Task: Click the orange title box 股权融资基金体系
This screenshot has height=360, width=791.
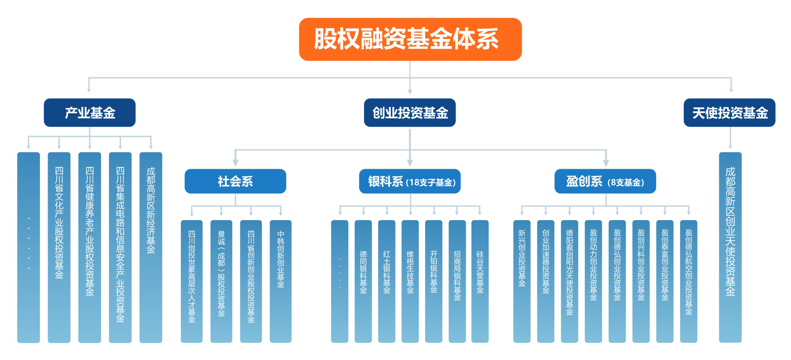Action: coord(410,39)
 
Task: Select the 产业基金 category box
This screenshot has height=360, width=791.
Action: coord(90,112)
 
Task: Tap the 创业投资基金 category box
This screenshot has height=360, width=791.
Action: coord(410,112)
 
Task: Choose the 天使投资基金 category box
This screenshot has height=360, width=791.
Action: coord(729,112)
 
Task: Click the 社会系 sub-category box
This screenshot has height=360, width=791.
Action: coord(235,181)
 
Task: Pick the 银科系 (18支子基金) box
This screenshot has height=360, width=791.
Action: coord(410,181)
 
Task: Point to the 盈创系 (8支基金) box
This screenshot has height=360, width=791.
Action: coord(605,181)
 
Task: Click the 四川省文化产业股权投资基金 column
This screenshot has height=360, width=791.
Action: coord(59,247)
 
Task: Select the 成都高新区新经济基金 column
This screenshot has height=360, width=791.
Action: coord(151,247)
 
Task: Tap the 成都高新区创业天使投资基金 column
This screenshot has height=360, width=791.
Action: coord(730,247)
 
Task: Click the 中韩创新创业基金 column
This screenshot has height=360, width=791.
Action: coord(281,281)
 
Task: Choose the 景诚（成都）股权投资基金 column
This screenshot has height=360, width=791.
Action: coord(221,281)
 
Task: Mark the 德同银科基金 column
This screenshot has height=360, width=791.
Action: coord(363,281)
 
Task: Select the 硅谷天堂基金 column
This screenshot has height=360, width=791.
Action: coord(480,281)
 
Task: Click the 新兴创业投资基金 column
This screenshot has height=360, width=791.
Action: coord(522,281)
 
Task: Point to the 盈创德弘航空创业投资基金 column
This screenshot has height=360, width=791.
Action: coord(688,281)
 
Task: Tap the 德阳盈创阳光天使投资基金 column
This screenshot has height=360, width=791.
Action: coord(569,281)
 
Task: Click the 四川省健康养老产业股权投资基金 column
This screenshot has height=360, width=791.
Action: coord(90,247)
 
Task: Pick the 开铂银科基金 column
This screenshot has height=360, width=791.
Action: coord(434,281)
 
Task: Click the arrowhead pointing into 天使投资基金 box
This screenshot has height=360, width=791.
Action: coord(731,90)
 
